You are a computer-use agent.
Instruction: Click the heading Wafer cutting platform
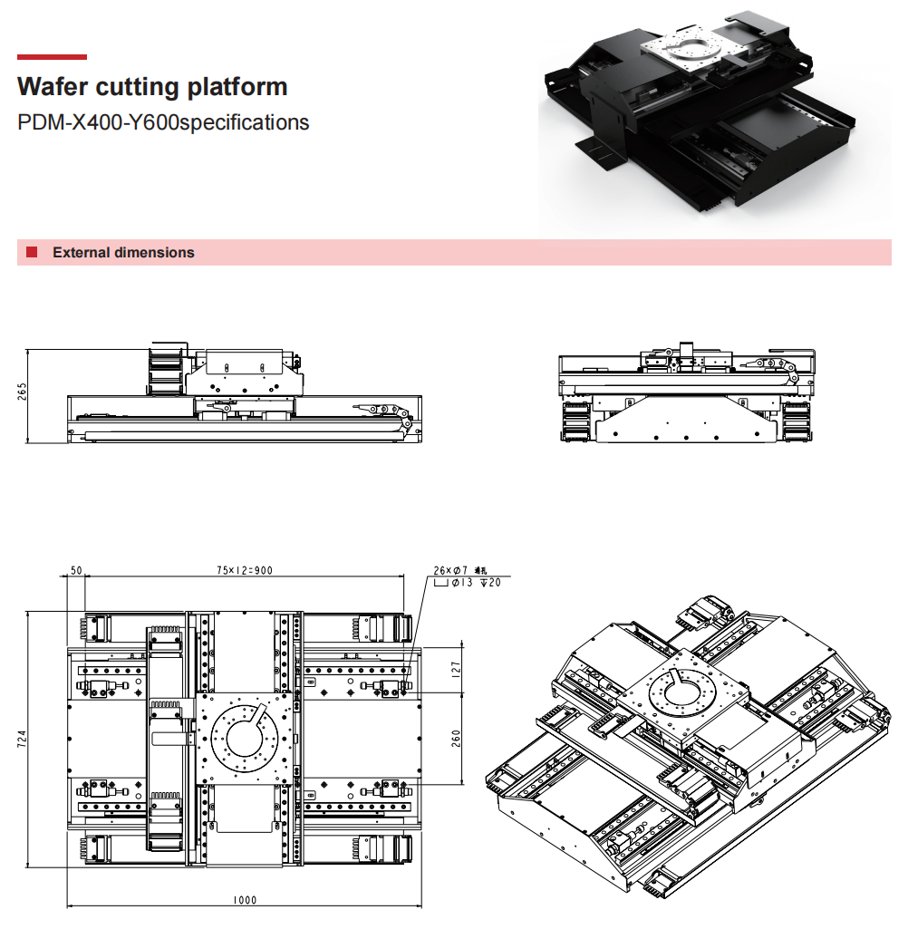tap(152, 87)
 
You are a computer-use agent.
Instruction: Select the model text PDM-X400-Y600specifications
tap(163, 122)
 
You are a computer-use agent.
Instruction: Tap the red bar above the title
tap(53, 57)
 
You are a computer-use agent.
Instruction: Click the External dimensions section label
tap(123, 253)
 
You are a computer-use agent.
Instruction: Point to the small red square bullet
tap(32, 252)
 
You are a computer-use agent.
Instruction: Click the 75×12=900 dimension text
tap(244, 570)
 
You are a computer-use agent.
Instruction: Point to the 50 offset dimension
tap(76, 570)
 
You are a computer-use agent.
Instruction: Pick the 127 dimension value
tap(456, 669)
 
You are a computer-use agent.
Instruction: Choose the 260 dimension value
tap(456, 738)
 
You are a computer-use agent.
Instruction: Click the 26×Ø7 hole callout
tap(453, 570)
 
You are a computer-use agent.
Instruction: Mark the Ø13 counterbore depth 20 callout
tap(468, 583)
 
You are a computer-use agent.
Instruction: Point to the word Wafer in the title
tap(51, 87)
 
